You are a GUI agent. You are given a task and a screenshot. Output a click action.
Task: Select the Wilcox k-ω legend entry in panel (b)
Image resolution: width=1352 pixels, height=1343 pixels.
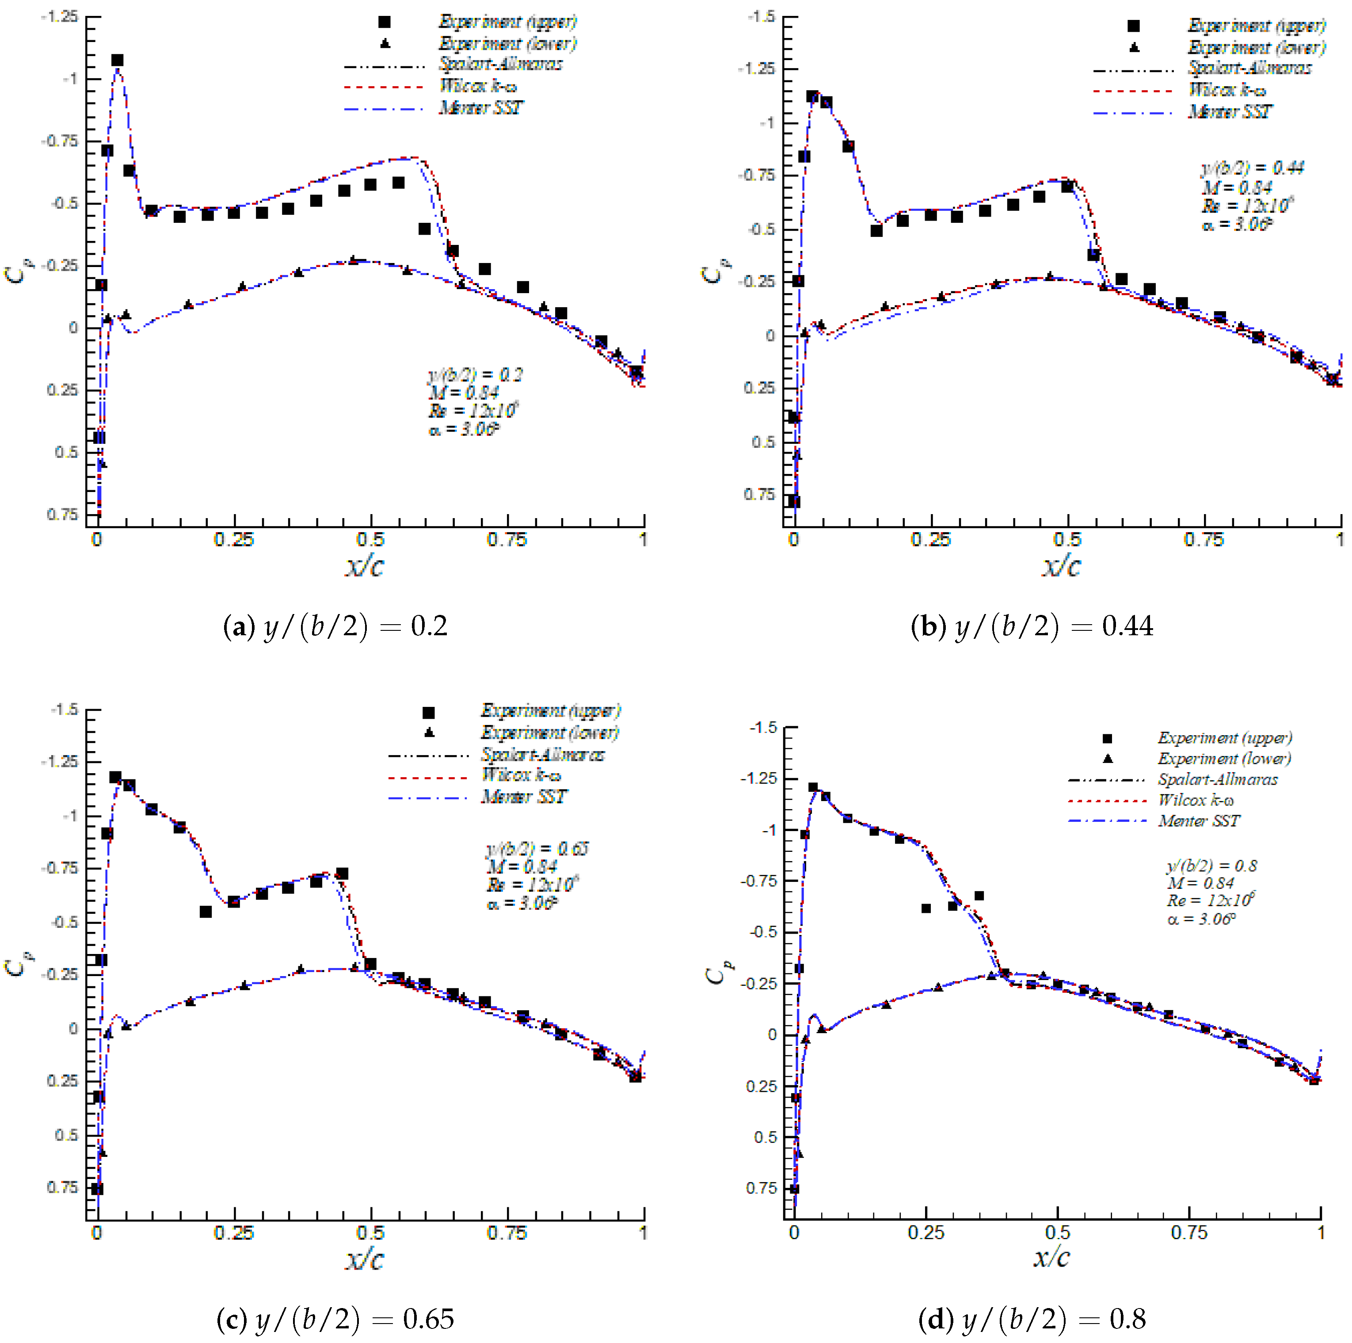click(1227, 90)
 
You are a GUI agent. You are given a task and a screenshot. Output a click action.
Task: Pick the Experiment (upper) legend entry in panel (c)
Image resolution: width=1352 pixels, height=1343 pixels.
click(549, 710)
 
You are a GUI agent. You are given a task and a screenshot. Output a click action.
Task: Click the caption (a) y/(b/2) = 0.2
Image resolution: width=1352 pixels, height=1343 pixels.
click(335, 626)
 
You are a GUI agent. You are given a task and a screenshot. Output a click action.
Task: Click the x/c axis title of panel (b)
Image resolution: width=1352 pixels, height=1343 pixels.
click(1061, 565)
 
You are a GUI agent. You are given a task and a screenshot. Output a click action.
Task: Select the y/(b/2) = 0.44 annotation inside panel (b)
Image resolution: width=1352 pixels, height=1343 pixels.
click(1253, 168)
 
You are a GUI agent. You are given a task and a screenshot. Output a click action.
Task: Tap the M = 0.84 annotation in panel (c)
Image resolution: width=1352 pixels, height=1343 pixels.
click(522, 866)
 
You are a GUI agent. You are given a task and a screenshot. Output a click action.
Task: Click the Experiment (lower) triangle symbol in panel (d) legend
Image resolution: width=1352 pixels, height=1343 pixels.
click(1107, 759)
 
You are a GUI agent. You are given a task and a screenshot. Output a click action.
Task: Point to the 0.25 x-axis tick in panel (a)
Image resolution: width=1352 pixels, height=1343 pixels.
click(234, 540)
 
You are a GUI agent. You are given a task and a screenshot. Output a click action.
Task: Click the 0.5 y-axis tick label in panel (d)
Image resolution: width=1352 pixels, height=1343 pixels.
click(765, 1137)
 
